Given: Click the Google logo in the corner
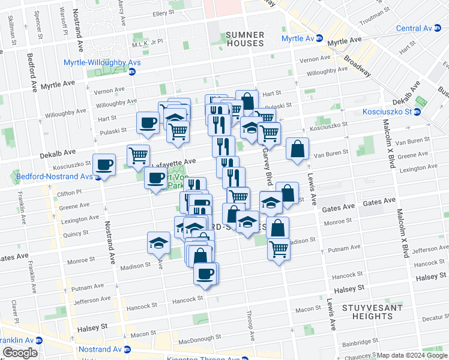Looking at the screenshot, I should tap(20, 353).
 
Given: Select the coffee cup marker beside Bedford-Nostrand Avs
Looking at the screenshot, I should tap(104, 164).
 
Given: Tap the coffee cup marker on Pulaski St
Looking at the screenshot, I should tap(148, 124).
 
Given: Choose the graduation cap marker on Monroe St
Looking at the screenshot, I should tap(158, 243).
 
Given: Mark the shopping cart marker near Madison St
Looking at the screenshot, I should tap(279, 248).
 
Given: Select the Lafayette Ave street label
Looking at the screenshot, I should tap(173, 162).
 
